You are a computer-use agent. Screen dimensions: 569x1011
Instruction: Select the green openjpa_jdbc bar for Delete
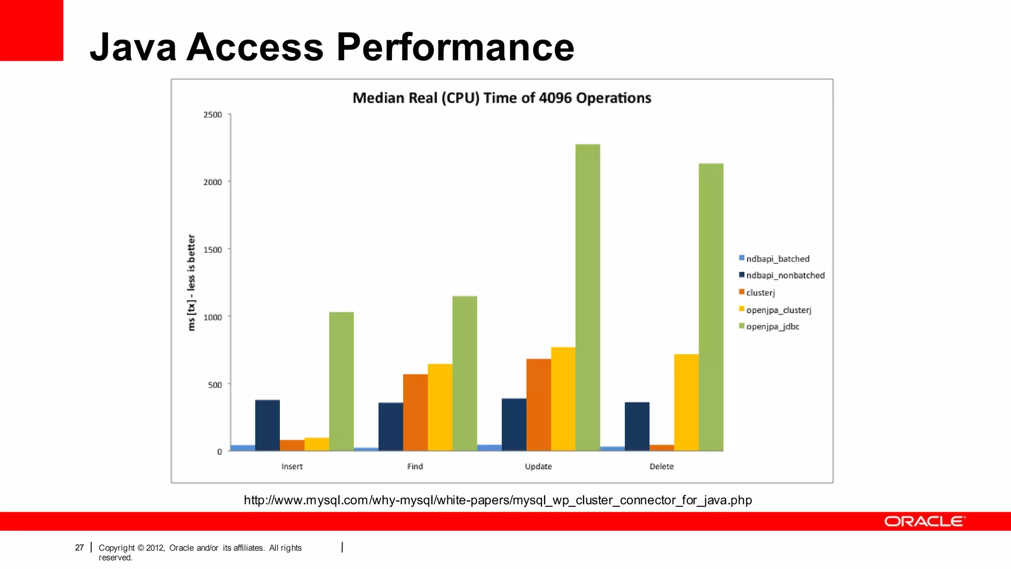pos(711,307)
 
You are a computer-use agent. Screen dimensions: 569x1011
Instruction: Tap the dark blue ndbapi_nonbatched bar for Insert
pos(267,425)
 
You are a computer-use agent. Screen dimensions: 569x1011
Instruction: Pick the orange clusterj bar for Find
pos(415,412)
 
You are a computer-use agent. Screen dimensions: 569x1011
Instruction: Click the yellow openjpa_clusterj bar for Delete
pos(686,402)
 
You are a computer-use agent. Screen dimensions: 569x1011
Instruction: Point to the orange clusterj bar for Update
pos(539,405)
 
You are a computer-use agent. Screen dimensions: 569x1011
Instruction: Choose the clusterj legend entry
pos(760,293)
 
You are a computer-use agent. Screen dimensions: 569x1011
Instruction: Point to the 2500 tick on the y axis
pos(213,115)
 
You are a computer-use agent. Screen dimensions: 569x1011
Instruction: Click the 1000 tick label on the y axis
pos(213,317)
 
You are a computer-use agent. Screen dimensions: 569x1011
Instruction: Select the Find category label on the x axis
pos(415,466)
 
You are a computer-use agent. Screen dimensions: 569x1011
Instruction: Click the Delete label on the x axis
pos(661,466)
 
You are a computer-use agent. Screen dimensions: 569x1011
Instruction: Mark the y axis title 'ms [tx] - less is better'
pos(192,283)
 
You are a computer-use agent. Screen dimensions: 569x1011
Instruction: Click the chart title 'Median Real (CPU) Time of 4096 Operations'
pos(502,98)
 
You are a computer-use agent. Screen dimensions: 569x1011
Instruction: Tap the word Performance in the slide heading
pos(455,47)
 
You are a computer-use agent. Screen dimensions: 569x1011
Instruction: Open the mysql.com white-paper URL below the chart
pos(498,500)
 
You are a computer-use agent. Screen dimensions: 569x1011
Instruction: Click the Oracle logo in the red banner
pos(924,522)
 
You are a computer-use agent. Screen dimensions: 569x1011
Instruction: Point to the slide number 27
pos(79,548)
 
